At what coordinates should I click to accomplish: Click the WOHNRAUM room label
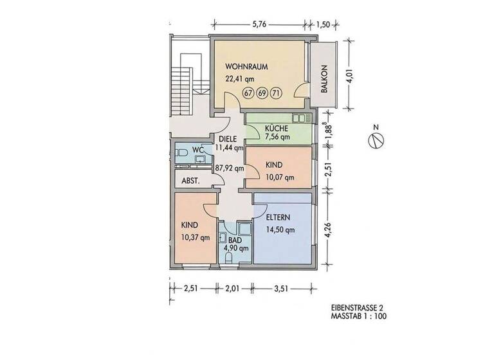(x=246, y=66)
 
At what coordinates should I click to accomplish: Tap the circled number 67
(x=248, y=93)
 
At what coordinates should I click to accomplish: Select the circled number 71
(x=276, y=93)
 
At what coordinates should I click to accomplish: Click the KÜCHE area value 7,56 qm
(x=278, y=137)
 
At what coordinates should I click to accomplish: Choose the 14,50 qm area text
(x=280, y=230)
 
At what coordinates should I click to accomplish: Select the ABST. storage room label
(x=190, y=181)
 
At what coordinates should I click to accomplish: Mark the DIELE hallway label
(x=229, y=139)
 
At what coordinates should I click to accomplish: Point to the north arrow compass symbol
(x=378, y=138)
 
